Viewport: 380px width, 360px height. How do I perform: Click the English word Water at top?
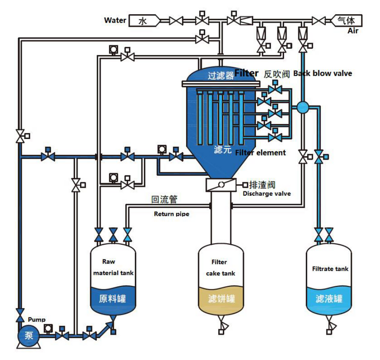[x=115, y=20]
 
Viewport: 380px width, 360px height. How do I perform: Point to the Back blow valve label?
[x=323, y=73]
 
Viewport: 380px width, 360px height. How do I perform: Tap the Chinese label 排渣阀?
[x=262, y=185]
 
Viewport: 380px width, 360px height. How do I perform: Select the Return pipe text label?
[x=171, y=214]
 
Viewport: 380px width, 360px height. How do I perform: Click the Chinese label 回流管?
[x=164, y=200]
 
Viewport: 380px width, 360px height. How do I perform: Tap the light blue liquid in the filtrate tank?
[x=329, y=299]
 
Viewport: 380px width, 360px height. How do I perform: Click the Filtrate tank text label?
[x=330, y=270]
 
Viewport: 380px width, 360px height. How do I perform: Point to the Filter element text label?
[x=260, y=153]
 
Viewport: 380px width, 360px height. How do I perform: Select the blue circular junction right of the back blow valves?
[x=303, y=106]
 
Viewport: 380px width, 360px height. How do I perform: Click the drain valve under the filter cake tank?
[x=221, y=327]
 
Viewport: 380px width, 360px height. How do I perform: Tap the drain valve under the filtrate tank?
[x=329, y=327]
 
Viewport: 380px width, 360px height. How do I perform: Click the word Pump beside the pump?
[x=37, y=320]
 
